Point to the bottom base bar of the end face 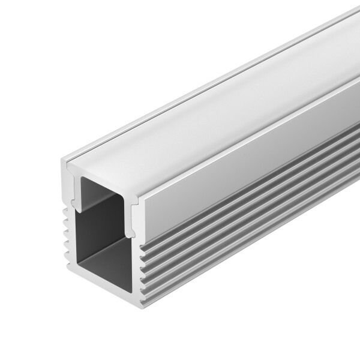[102, 281]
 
